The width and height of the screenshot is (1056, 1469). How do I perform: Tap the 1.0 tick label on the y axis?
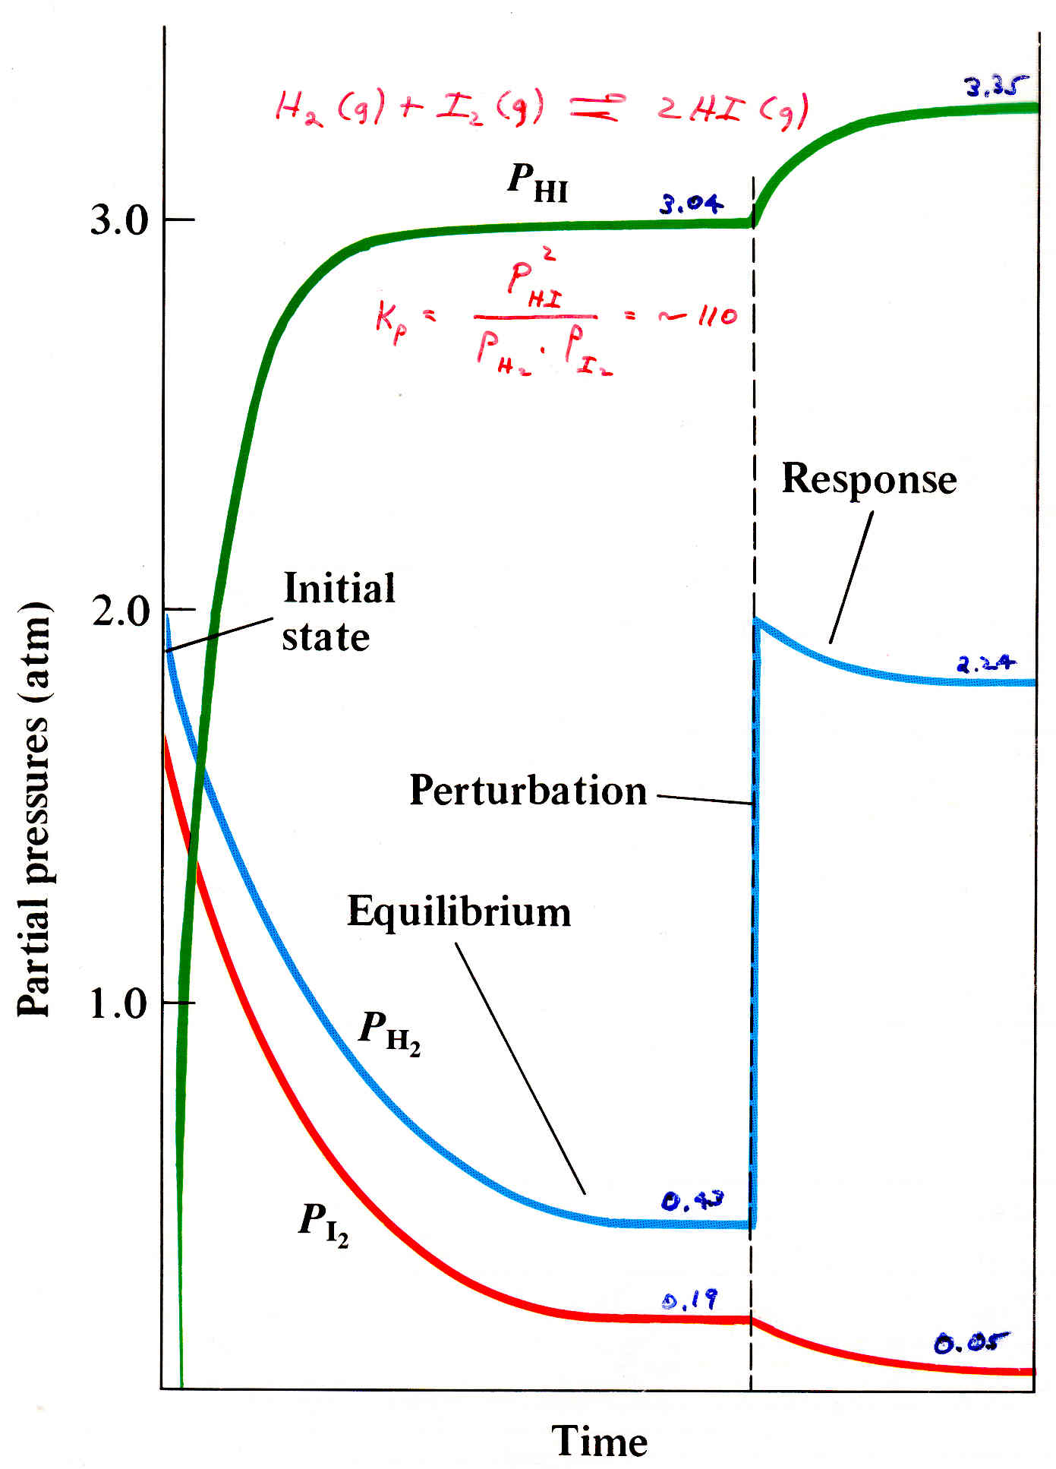[x=118, y=1003]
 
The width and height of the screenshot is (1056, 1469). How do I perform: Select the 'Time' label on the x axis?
[x=599, y=1440]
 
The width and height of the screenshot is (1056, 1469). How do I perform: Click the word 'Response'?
[x=868, y=480]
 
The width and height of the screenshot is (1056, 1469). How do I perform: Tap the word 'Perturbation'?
[x=528, y=791]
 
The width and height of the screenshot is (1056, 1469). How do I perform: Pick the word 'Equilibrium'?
[x=459, y=911]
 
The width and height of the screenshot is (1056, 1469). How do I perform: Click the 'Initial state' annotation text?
[x=338, y=612]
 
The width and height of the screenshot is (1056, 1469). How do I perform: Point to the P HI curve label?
[x=537, y=183]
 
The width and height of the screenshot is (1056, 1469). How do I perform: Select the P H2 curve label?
[x=389, y=1032]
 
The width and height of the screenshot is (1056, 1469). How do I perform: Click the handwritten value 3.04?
[x=691, y=204]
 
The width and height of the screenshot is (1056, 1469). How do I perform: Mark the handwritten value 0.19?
[x=689, y=1300]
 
